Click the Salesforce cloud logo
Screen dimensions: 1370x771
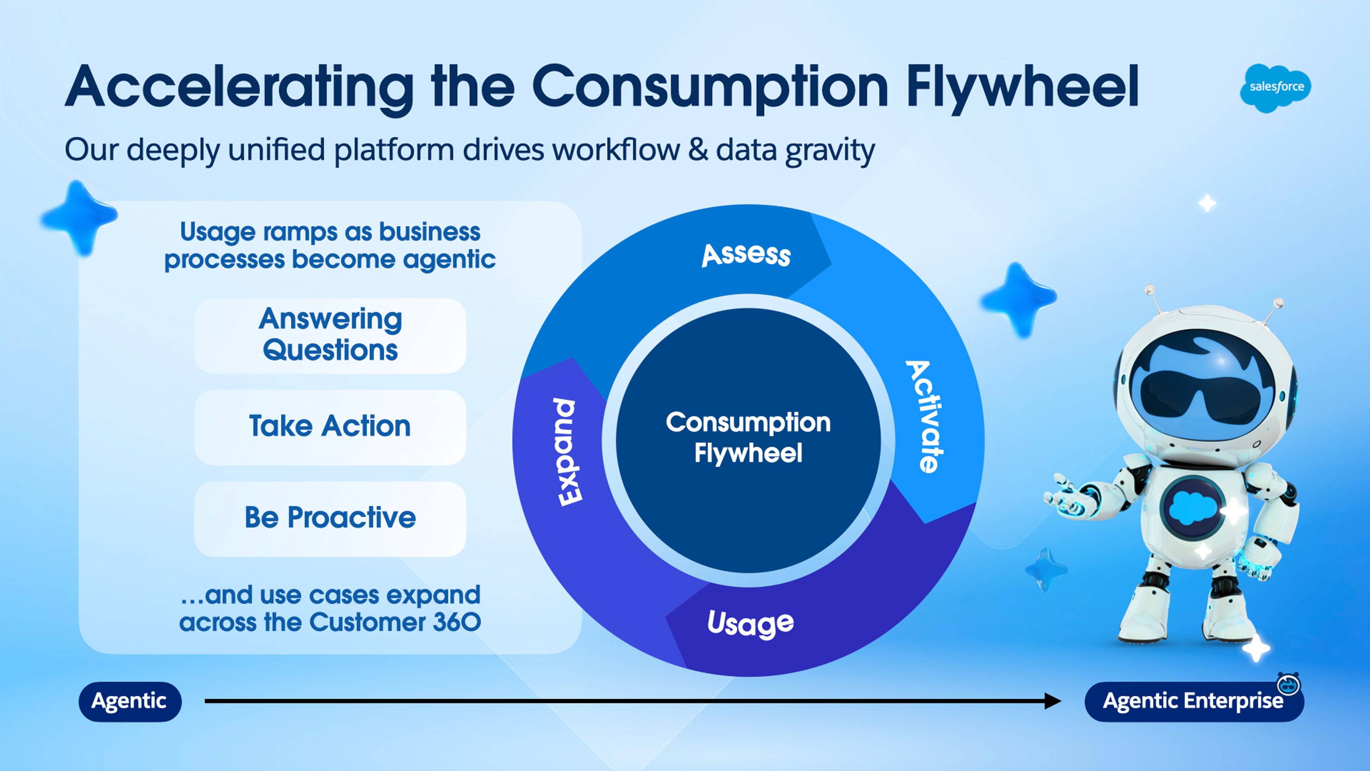point(1275,88)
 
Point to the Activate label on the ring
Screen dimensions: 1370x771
point(926,417)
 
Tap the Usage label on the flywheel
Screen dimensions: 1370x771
point(750,623)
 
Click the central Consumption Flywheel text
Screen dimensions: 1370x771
point(748,437)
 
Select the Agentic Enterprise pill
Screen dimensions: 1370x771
point(1193,702)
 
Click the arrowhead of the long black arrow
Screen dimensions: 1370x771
point(1052,701)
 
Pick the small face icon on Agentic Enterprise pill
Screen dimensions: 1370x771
point(1289,684)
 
